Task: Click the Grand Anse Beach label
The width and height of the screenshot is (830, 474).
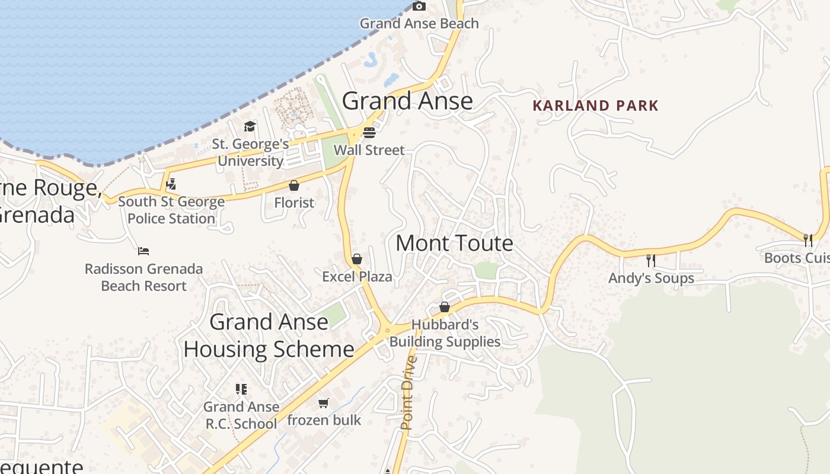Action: pos(419,24)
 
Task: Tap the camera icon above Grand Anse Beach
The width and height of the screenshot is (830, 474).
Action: pos(419,7)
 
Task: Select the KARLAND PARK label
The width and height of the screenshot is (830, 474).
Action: pos(595,106)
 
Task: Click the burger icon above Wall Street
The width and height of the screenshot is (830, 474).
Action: pos(369,132)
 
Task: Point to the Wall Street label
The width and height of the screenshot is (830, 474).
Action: pos(369,150)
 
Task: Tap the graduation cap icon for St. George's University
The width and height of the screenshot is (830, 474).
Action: pos(250,126)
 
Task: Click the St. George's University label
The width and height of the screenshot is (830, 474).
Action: pos(250,152)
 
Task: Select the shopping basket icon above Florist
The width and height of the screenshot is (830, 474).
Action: pos(294,185)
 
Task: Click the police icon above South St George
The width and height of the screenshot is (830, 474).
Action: pos(171,184)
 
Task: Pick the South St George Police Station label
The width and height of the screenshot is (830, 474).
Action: pos(171,210)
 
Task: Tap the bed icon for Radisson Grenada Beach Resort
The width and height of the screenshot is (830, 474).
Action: pos(143,251)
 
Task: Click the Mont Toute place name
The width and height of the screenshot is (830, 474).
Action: pos(454,243)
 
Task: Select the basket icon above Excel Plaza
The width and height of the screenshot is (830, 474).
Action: pos(357,259)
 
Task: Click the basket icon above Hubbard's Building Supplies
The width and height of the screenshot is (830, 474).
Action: pos(445,307)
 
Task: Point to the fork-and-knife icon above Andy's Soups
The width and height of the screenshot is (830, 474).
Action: pos(651,260)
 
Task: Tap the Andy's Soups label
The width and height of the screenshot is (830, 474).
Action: pos(651,278)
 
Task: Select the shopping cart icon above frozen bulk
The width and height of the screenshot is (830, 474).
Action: pos(324,403)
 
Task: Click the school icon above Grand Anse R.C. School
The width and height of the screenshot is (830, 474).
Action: pos(241,389)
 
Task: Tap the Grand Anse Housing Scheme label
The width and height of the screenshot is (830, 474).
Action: pos(269,335)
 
